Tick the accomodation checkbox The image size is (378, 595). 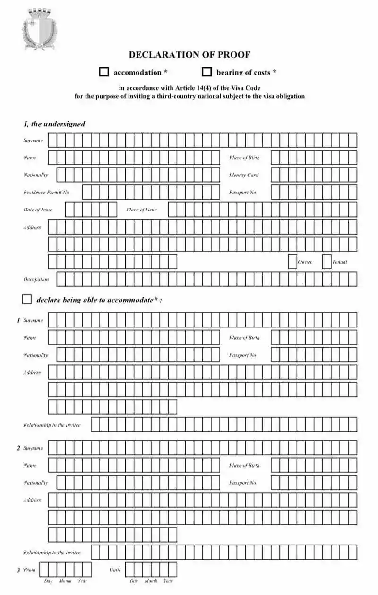(x=104, y=72)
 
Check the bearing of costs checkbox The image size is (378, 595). (x=206, y=72)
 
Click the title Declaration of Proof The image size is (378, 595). (x=189, y=55)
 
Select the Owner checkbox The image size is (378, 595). (x=292, y=262)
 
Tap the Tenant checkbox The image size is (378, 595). (x=326, y=262)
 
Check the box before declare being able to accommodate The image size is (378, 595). (x=27, y=300)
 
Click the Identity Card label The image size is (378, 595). (x=244, y=175)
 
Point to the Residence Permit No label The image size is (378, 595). (x=46, y=193)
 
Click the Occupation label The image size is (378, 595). (x=36, y=279)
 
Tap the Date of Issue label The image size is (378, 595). (x=38, y=210)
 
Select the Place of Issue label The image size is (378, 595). (x=141, y=210)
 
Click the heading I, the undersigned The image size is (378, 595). (x=54, y=124)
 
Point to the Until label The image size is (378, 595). (x=115, y=570)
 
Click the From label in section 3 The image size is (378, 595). (x=29, y=570)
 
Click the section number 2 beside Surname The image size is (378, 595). (x=18, y=448)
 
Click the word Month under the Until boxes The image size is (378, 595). (x=151, y=581)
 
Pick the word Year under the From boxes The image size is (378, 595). (x=83, y=581)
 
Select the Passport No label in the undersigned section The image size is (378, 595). (x=242, y=193)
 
